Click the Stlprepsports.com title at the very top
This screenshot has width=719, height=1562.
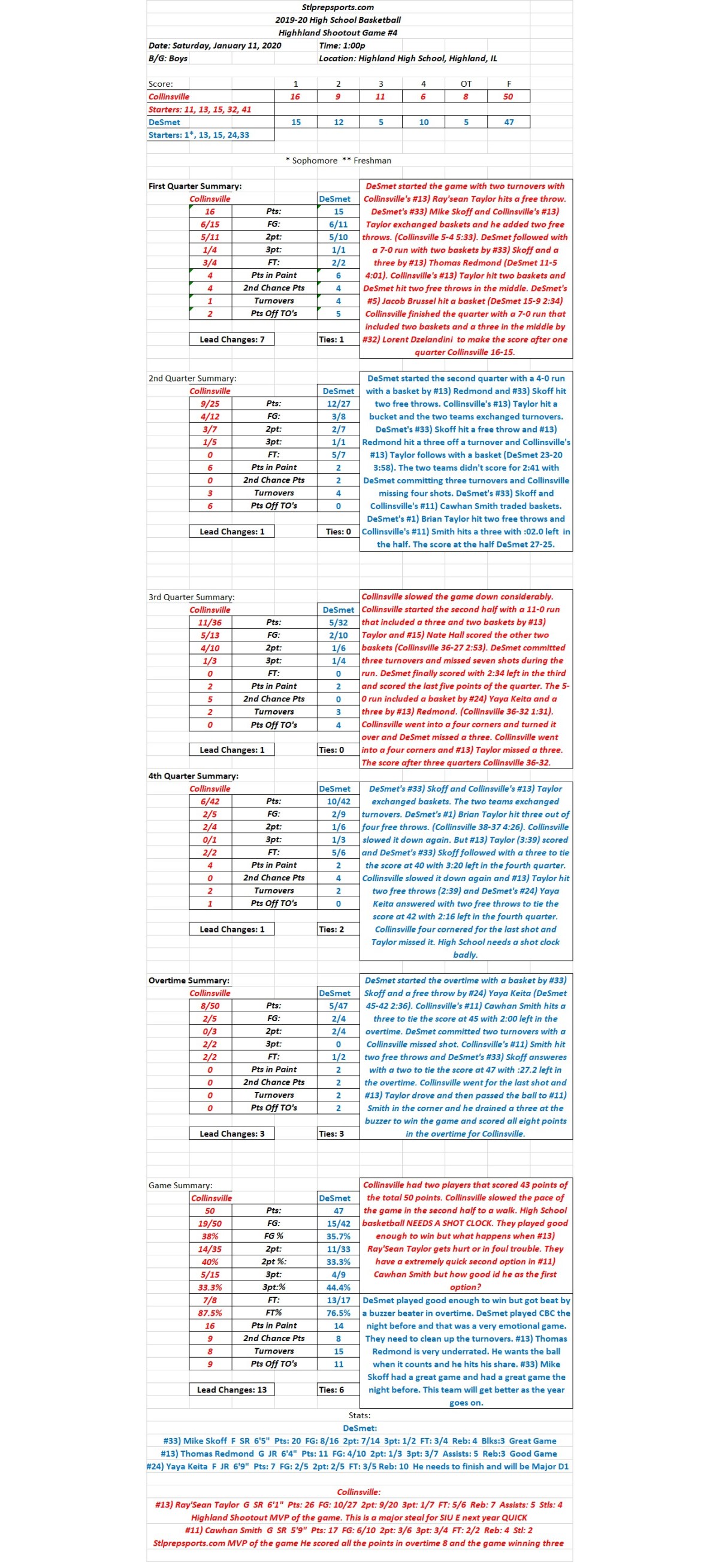(x=337, y=7)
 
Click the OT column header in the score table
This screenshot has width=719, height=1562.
(x=466, y=84)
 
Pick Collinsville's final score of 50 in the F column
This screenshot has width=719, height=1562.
(x=508, y=96)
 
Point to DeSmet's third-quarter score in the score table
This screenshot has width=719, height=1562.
(x=380, y=122)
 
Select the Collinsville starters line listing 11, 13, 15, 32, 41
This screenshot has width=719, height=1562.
(x=200, y=110)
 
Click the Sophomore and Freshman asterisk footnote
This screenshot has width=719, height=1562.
(x=338, y=161)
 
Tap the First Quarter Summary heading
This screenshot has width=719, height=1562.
(x=195, y=186)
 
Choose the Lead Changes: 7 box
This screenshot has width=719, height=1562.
(x=232, y=340)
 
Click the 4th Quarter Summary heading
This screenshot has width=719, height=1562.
(x=193, y=776)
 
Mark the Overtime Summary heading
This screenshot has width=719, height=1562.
(x=189, y=980)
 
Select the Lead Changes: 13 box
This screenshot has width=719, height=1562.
(x=232, y=1390)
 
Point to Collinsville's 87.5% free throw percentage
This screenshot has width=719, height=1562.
(x=210, y=1313)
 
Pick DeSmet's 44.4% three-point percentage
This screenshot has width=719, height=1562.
(x=338, y=1287)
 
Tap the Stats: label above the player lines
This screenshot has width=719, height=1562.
(x=359, y=1415)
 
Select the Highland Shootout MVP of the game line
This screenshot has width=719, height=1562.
(x=359, y=1517)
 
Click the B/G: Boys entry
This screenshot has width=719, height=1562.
(x=168, y=58)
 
